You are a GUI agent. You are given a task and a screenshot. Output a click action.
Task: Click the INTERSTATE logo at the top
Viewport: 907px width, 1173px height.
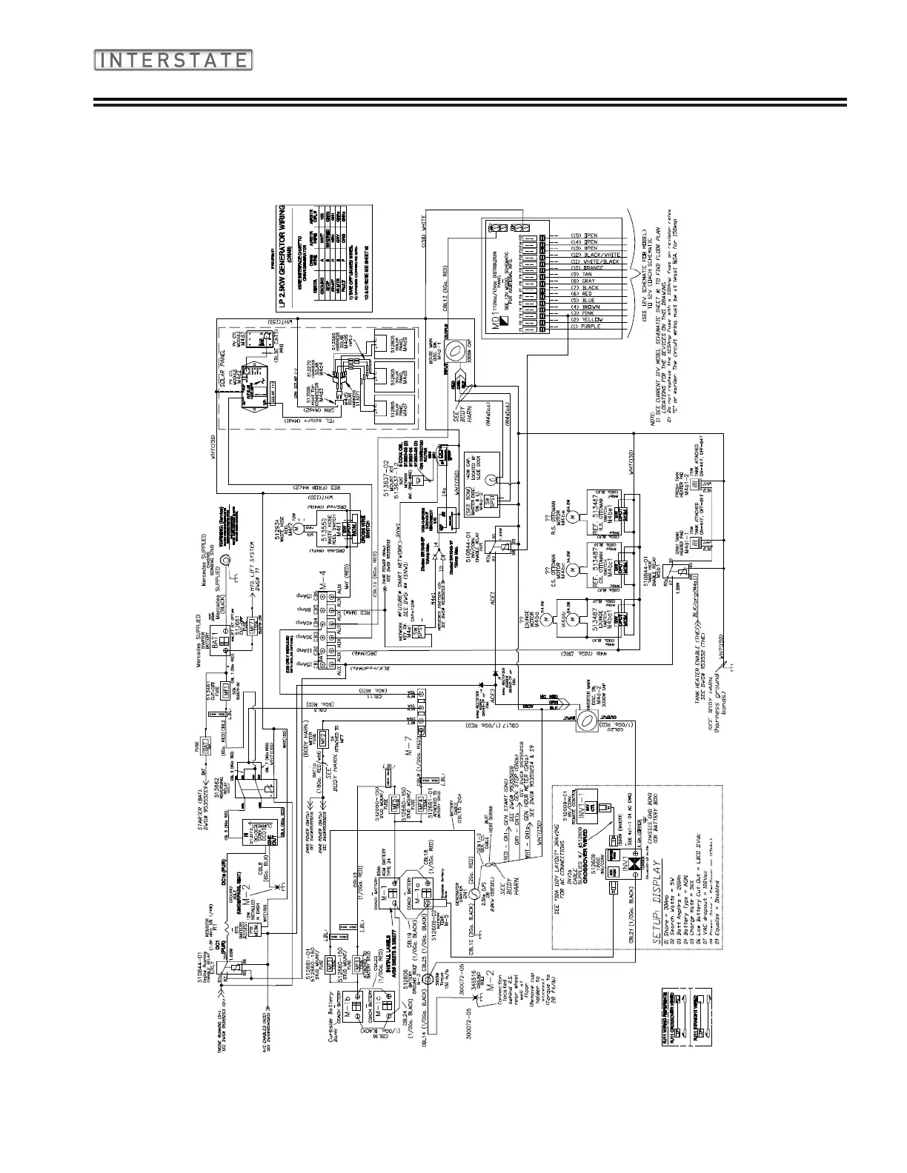pos(173,60)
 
